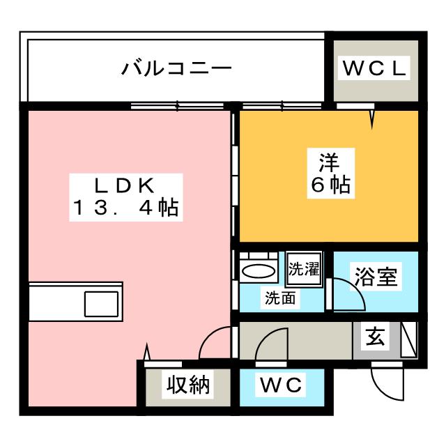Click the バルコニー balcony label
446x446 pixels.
176,68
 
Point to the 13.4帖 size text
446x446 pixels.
125,208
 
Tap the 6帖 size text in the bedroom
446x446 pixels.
330,186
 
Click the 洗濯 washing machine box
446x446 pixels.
304,269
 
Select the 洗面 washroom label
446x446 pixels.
280,298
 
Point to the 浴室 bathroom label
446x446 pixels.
376,277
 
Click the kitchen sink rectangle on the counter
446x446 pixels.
102,303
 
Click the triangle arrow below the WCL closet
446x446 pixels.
372,118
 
